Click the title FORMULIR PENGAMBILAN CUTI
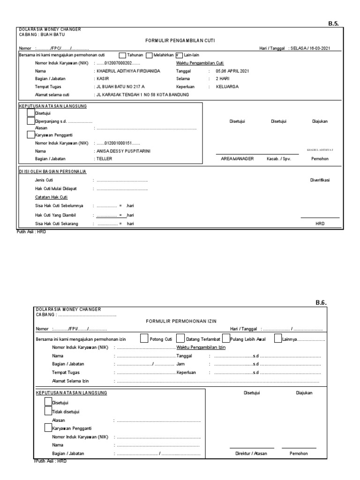tap(180, 41)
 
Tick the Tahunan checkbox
tap(122, 55)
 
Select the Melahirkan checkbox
tap(150, 55)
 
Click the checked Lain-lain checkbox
tap(179, 55)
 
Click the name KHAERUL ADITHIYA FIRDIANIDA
tap(128, 71)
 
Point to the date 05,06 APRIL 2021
tap(232, 71)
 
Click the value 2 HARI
tap(223, 79)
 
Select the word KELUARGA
tap(227, 87)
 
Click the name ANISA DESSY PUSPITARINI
tap(124, 151)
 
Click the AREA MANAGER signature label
tap(237, 159)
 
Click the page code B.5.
tap(334, 22)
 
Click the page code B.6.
tap(321, 303)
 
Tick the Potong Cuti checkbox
tap(144, 338)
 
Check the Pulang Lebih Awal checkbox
tap(226, 338)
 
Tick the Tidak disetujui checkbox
tap(48, 411)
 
